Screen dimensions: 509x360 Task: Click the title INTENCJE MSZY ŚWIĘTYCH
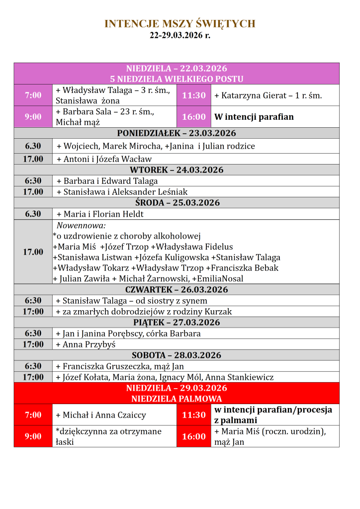(x=180, y=24)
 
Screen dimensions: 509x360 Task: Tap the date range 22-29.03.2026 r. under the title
(x=180, y=36)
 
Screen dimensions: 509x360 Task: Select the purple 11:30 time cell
(x=194, y=95)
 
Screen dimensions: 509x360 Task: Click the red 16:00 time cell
(x=194, y=436)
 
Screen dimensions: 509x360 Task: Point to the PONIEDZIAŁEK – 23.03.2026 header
(x=177, y=133)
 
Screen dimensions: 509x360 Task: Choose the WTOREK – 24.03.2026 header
(x=177, y=170)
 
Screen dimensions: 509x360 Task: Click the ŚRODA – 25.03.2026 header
(x=177, y=203)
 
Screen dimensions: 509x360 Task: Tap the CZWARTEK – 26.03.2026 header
(x=177, y=289)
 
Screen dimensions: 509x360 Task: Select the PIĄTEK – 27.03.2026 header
(x=177, y=322)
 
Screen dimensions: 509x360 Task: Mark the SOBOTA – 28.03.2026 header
(x=177, y=355)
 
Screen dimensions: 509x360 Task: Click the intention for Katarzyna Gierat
(x=268, y=95)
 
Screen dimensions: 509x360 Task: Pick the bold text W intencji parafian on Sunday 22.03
(x=254, y=117)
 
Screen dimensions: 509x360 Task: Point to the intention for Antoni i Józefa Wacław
(x=104, y=159)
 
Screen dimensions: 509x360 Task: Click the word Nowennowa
(x=78, y=225)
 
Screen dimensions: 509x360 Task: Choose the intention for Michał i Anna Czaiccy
(x=100, y=415)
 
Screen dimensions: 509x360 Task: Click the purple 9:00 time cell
(x=33, y=117)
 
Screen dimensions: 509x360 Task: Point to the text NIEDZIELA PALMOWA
(x=177, y=399)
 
